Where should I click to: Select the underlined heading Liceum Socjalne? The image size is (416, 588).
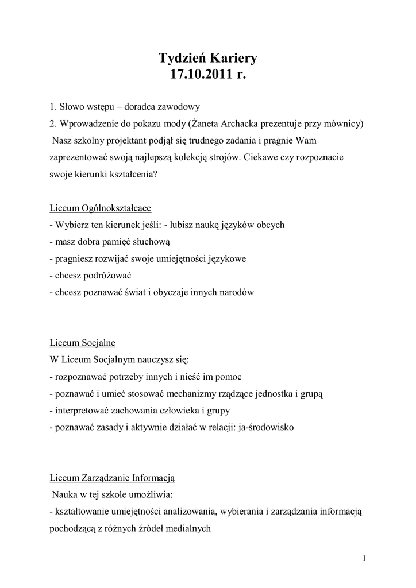pyautogui.click(x=83, y=343)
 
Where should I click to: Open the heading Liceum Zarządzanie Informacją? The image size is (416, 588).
pyautogui.click(x=112, y=477)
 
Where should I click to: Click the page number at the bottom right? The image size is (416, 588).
pyautogui.click(x=364, y=558)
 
